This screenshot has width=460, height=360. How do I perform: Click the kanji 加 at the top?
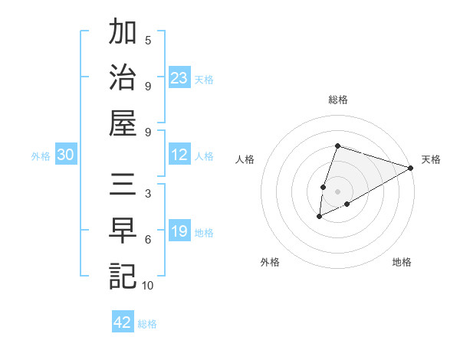(x=123, y=34)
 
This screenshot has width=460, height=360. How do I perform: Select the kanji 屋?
(x=123, y=123)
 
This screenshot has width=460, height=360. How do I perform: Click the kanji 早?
(x=123, y=231)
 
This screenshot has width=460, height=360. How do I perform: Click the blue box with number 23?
(x=179, y=77)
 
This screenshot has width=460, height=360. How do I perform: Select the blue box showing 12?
(x=179, y=155)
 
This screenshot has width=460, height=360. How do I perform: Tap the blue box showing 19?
(x=179, y=231)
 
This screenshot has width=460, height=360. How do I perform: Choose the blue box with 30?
(x=66, y=155)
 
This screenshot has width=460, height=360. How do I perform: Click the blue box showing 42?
(x=123, y=322)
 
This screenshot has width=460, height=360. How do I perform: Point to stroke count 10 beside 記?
(x=147, y=286)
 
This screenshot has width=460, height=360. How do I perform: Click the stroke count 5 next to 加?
(x=148, y=41)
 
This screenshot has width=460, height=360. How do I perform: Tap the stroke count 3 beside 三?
(x=148, y=194)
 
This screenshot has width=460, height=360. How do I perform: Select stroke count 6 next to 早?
(x=148, y=240)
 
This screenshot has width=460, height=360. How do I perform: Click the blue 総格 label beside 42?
(x=147, y=324)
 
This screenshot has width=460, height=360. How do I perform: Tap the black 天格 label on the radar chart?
(x=431, y=159)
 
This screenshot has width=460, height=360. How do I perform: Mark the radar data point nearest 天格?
(x=410, y=168)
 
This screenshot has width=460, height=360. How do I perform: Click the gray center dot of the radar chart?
(x=337, y=191)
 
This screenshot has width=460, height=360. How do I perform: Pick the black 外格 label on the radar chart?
(x=270, y=262)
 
